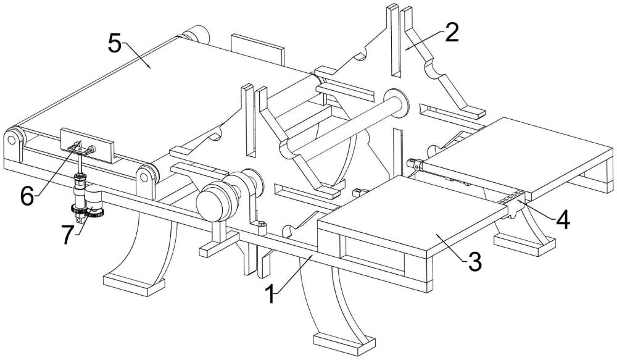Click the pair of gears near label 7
(x=88, y=214)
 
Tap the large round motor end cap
(x=210, y=203)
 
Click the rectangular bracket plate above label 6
(x=88, y=144)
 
